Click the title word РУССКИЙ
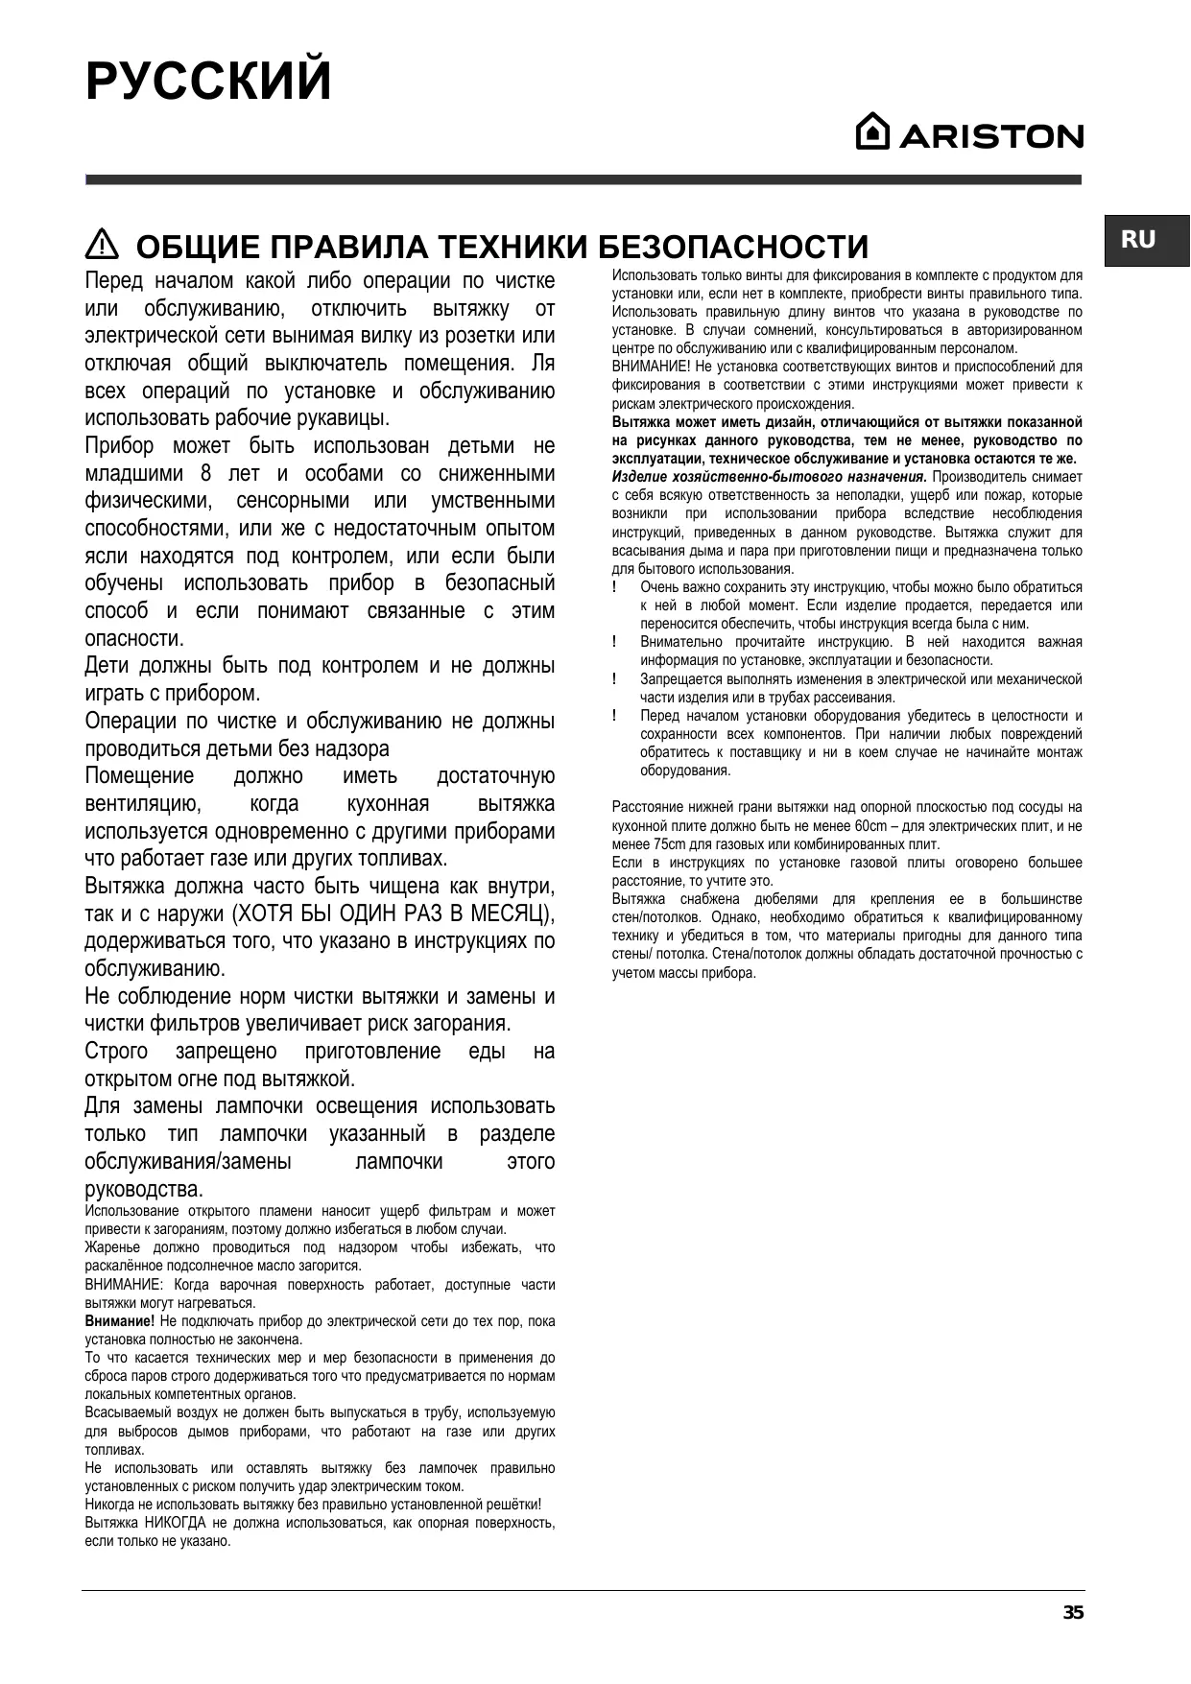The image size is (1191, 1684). point(208,82)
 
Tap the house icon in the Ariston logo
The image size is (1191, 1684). point(871,132)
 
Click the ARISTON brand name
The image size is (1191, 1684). point(991,137)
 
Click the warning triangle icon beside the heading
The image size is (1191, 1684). point(101,246)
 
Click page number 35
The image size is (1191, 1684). point(1073,1612)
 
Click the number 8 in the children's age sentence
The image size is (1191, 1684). point(205,474)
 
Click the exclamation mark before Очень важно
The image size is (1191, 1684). point(614,587)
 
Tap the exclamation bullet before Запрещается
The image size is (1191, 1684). point(614,679)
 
